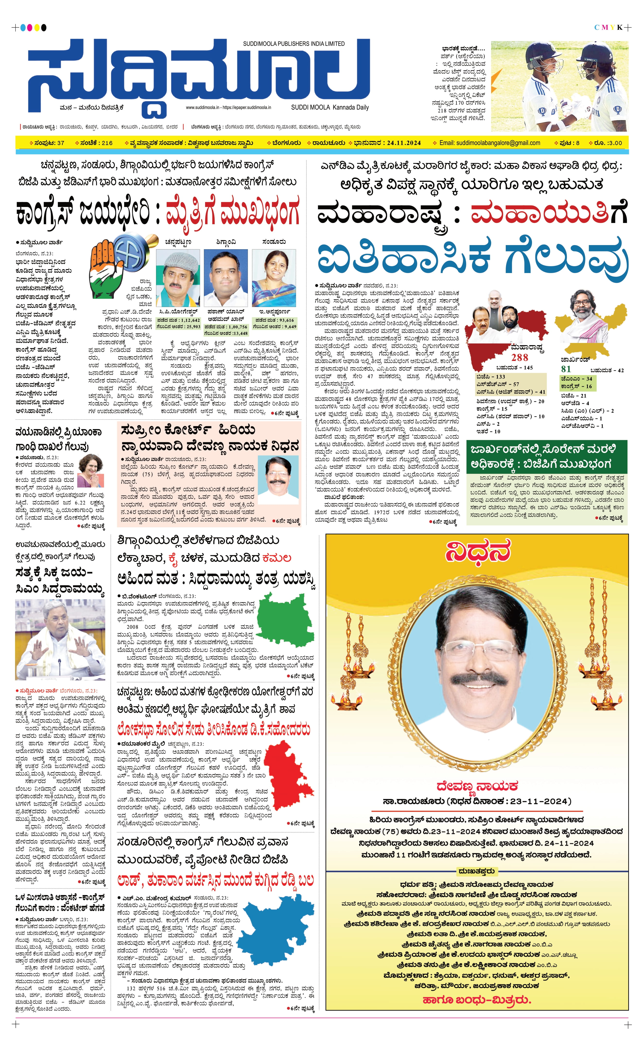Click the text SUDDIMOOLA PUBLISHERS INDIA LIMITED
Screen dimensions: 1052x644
point(294,43)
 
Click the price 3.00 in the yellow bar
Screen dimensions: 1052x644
point(615,143)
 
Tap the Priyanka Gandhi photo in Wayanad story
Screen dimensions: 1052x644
point(91,471)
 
